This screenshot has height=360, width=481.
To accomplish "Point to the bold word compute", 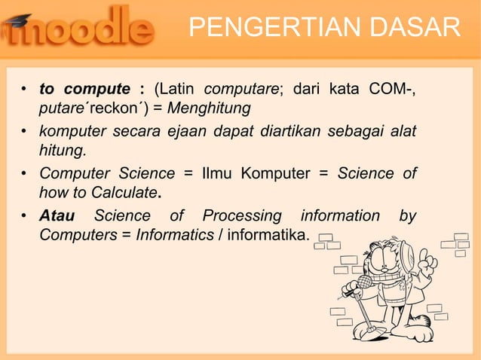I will (x=96, y=90).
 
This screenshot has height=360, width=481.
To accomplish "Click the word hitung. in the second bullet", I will (x=63, y=151).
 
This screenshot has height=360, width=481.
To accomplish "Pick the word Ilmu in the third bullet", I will (x=219, y=174).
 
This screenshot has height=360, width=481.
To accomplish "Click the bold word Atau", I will (x=57, y=216).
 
